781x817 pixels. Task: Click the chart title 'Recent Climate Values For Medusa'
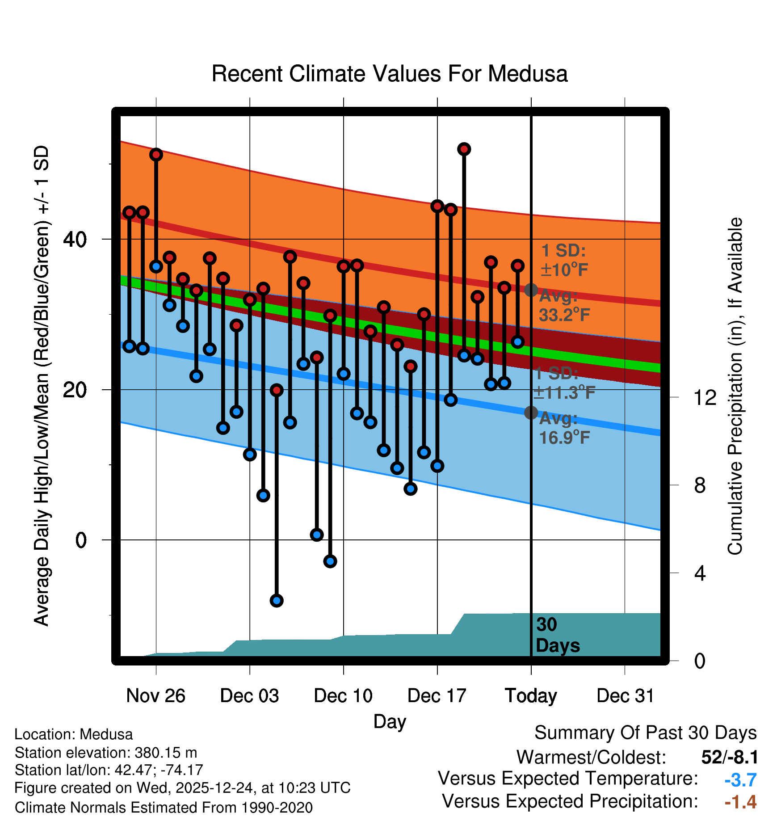(390, 74)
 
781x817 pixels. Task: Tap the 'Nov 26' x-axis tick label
(155, 696)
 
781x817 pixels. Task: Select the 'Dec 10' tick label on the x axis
(343, 696)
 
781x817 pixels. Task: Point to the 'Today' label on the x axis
(531, 696)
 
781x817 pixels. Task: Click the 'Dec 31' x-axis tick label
(625, 696)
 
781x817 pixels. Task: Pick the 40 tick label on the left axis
(74, 240)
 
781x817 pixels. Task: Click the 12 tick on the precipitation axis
(705, 397)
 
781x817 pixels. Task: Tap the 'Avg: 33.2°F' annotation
(564, 306)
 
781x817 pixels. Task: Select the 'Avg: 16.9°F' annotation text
(564, 428)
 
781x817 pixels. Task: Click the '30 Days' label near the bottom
(557, 635)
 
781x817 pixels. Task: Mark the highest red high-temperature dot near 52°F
(464, 149)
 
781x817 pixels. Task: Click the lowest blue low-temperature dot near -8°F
(277, 601)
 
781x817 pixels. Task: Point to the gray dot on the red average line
(531, 290)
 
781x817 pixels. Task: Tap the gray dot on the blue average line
(531, 413)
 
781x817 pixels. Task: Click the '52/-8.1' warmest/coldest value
(730, 757)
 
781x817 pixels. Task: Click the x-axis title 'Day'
(390, 721)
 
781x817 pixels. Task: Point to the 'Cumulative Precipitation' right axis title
(735, 386)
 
